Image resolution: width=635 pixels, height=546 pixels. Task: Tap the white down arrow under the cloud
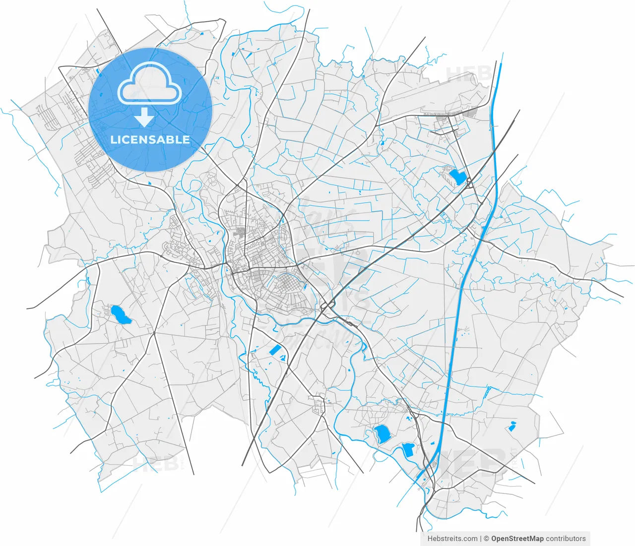point(144,118)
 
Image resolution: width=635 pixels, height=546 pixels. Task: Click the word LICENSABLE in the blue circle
point(150,140)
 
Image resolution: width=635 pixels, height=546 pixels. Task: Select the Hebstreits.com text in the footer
point(452,539)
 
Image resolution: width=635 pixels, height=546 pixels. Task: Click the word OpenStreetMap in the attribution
point(517,539)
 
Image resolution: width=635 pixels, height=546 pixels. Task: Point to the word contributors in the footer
point(566,539)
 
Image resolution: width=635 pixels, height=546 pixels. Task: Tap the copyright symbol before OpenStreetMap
point(487,539)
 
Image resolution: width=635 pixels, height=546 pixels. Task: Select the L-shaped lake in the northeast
point(457,177)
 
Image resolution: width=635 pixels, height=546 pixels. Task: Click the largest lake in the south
point(382,434)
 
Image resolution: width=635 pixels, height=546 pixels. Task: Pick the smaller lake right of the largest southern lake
point(408,450)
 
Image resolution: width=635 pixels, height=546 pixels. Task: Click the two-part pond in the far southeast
point(512,425)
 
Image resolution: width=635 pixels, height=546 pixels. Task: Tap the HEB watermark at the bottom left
point(156,464)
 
